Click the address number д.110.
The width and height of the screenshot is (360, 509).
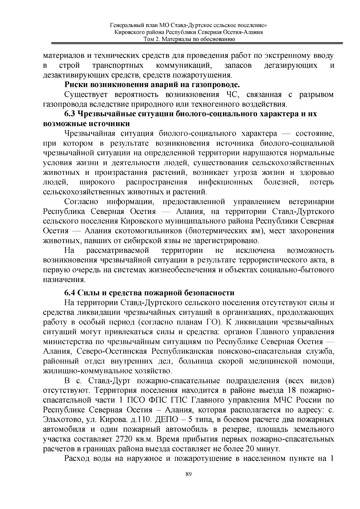coord(139,420)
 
